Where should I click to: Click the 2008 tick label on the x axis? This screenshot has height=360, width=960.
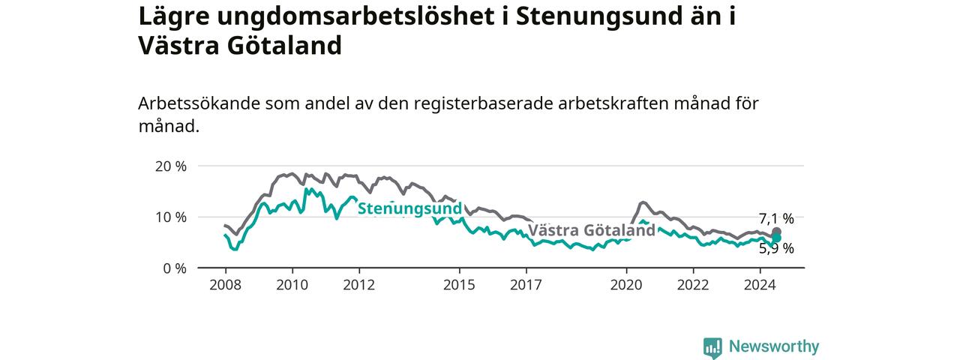pos(226,285)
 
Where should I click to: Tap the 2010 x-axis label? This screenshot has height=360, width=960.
pos(292,285)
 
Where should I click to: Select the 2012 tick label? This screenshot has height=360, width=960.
pos(359,285)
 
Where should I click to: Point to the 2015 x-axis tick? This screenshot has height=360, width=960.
pos(460,285)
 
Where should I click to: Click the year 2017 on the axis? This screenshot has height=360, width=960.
pos(526,285)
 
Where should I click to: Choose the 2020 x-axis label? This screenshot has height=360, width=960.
pos(626,285)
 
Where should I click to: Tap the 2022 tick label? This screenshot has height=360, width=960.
pos(694,285)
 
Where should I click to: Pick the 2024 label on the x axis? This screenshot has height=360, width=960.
pos(760,285)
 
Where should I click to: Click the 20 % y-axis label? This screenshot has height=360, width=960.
pos(171,166)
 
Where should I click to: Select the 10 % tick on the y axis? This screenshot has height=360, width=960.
pos(171,217)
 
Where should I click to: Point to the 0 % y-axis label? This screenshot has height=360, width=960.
pos(175,268)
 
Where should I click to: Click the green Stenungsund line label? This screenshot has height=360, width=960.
pos(409,208)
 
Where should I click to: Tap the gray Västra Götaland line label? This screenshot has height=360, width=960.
pos(592,230)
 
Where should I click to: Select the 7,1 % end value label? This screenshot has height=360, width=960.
pos(776,219)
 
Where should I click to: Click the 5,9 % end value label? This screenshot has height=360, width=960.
pos(776,248)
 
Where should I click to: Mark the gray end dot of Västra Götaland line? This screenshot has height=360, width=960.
pos(776,232)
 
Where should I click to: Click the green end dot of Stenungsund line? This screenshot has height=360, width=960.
pos(776,238)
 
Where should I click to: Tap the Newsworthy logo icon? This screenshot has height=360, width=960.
pos(712,347)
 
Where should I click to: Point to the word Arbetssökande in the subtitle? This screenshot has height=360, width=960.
pos(199,103)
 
